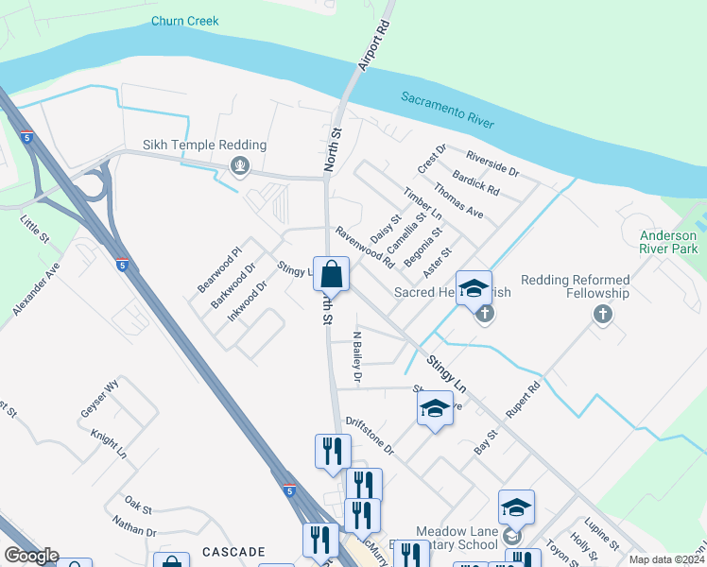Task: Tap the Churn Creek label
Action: click(185, 21)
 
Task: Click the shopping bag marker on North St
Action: click(332, 275)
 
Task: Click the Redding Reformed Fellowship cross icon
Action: click(603, 313)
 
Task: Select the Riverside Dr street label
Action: click(492, 163)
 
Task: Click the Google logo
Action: click(31, 556)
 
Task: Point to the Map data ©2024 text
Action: click(666, 559)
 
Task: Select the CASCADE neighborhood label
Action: click(233, 551)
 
